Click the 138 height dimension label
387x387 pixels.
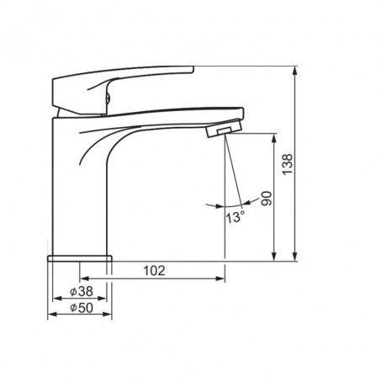click(x=288, y=164)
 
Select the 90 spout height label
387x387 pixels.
click(x=266, y=199)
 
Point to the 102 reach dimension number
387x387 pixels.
click(x=154, y=271)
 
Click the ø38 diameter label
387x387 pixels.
click(x=81, y=291)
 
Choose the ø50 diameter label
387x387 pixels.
click(x=81, y=308)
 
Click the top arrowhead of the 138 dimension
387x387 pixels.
click(x=294, y=72)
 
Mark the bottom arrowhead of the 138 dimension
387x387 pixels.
click(x=294, y=257)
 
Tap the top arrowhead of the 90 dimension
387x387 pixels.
click(x=274, y=138)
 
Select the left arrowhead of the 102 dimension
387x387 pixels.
click(x=84, y=278)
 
